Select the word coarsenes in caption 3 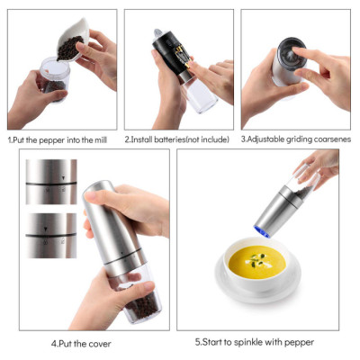[329, 140]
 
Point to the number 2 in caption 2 [127, 140]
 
